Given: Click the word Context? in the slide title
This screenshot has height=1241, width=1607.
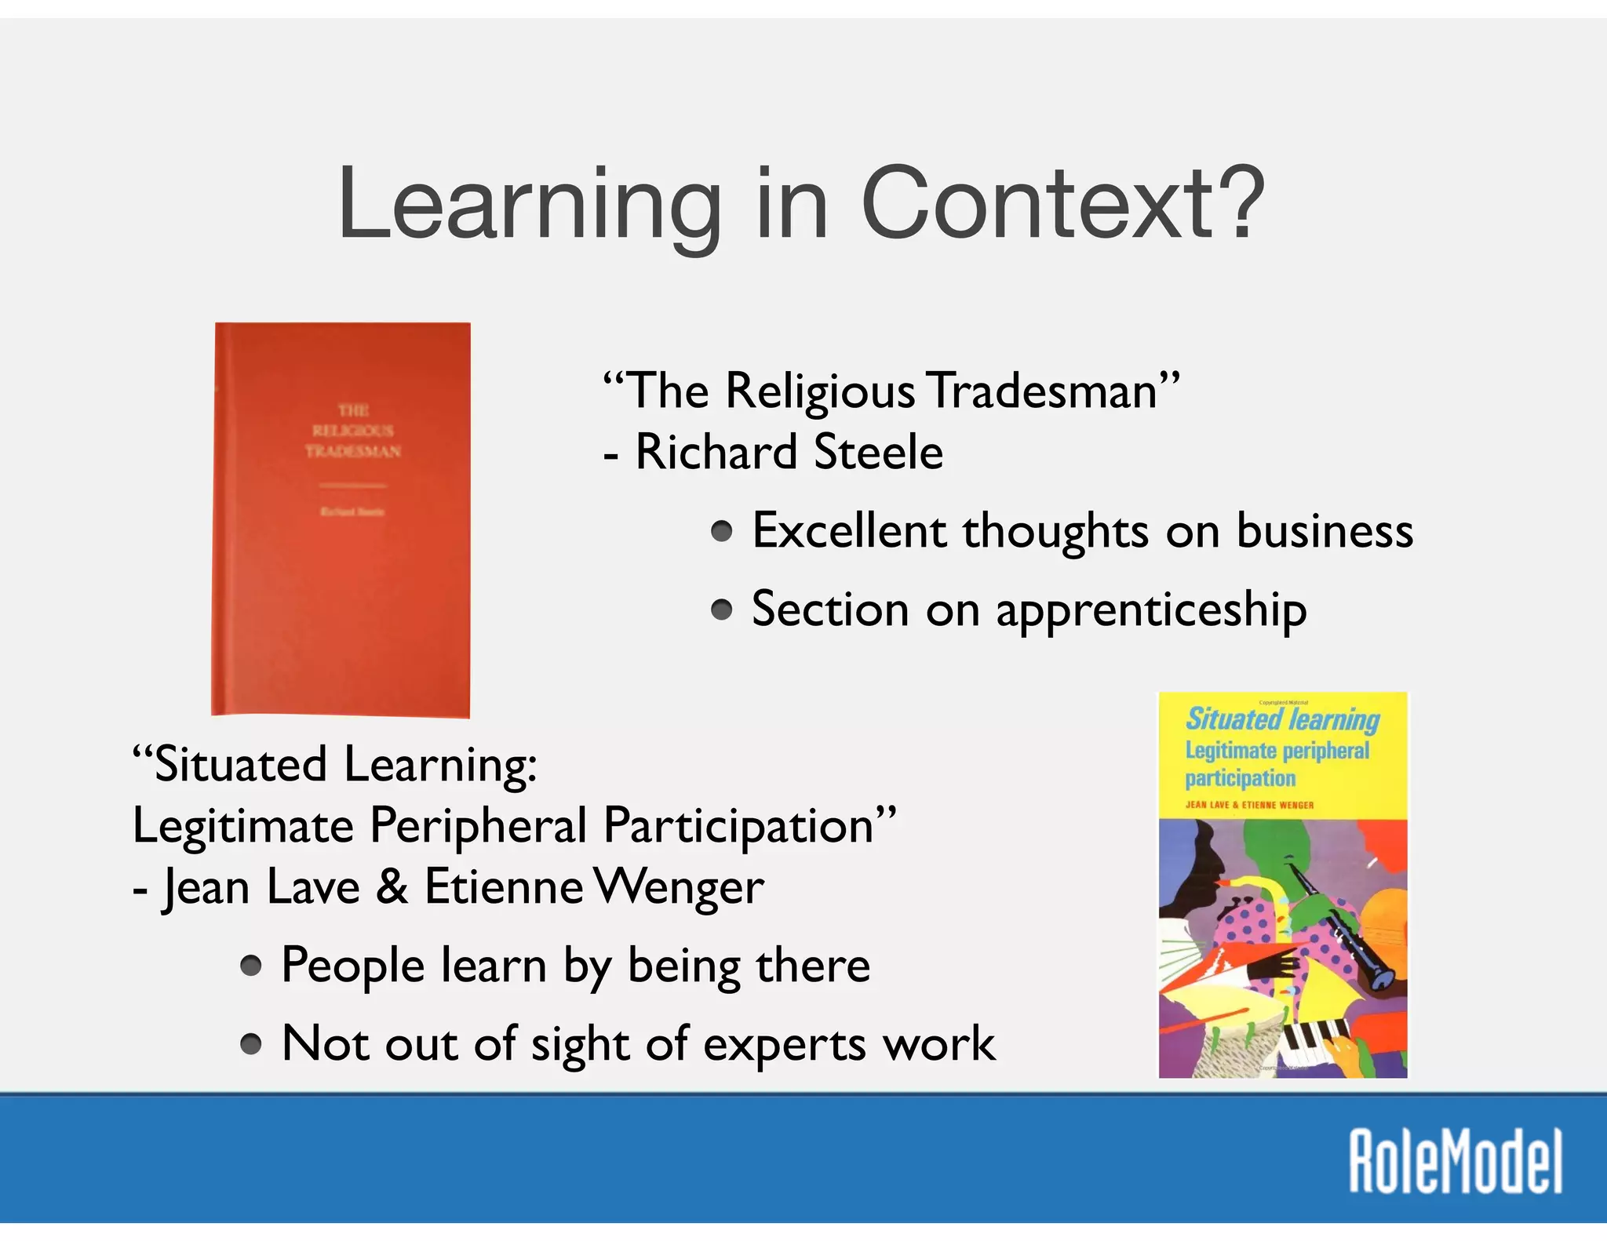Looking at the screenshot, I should coord(1063,204).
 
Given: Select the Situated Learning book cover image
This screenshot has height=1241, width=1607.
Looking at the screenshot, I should coord(1283,884).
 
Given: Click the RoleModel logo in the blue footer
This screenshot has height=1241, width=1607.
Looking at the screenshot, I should coord(1456,1162).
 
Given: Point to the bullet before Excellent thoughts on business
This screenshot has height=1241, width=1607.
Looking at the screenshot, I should coord(722,533).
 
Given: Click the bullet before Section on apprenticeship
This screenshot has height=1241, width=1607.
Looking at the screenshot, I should coord(722,610).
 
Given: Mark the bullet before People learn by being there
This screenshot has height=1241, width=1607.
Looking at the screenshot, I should coord(251,966).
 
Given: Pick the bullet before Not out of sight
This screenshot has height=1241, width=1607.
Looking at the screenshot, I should coord(251,1044).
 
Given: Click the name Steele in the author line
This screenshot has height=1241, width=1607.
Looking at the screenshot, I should coord(878,453).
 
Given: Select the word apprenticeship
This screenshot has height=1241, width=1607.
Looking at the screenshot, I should coord(1150,611).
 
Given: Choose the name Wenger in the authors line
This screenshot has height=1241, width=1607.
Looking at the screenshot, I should coord(679,887).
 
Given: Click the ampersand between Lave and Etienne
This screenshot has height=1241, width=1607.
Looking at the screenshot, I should coord(392,887).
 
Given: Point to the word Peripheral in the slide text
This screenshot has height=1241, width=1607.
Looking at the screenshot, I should coord(478,826).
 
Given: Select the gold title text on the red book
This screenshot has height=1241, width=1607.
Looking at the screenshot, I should coord(353,431).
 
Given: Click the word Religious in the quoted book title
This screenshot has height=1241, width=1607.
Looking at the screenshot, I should coord(820,391).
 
